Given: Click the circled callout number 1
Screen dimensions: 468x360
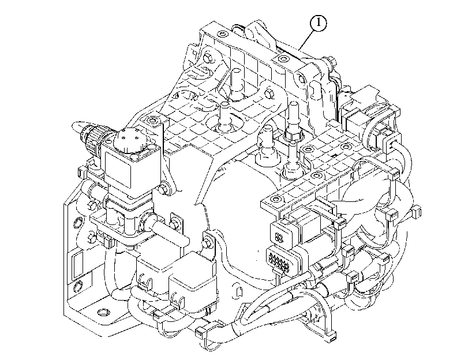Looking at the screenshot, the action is (318, 23).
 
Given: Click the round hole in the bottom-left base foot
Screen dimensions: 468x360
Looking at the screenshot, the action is (103, 313).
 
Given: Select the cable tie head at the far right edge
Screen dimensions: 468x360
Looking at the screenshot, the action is (417, 212).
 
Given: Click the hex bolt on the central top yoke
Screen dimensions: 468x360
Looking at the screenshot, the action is (270, 93).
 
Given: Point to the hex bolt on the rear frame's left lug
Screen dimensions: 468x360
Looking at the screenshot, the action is (208, 58).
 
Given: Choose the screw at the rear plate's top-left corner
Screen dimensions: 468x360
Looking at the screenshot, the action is (222, 33).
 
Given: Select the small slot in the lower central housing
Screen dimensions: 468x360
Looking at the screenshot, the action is (238, 292).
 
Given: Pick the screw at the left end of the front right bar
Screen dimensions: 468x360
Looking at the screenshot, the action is (275, 198).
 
